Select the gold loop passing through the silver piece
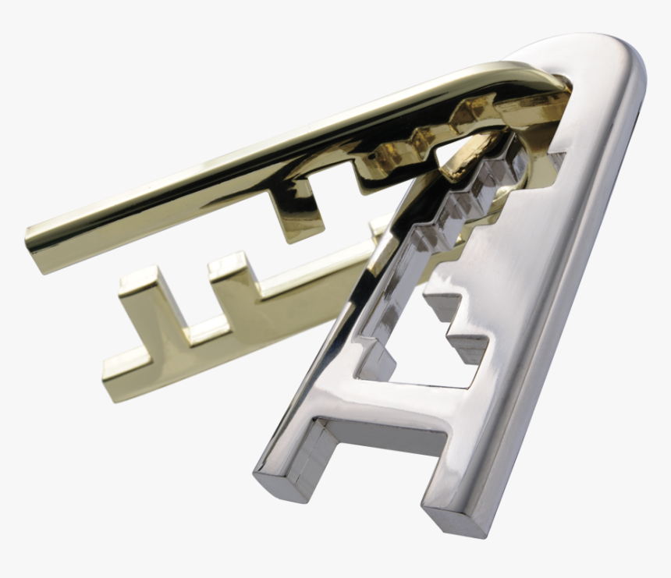468,152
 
